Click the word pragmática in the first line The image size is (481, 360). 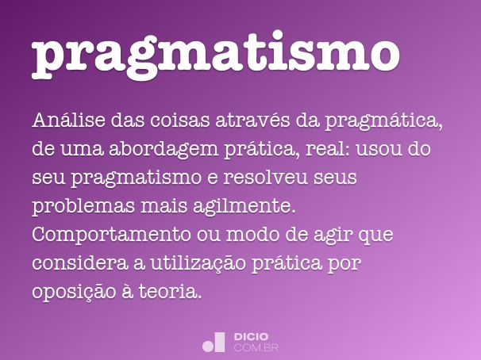point(389,122)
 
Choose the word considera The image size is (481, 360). point(75,263)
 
